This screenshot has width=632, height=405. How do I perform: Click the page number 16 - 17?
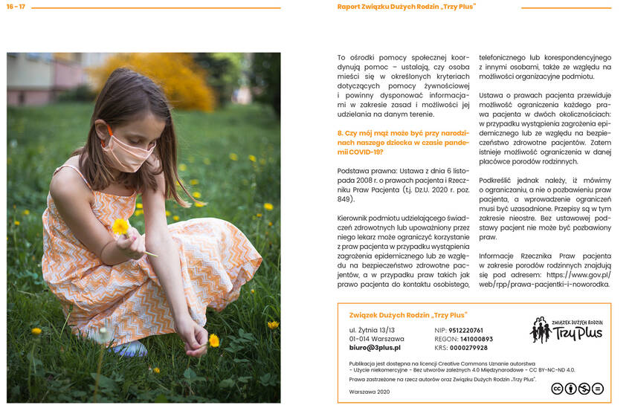16,7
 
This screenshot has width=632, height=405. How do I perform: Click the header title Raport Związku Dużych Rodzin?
406,7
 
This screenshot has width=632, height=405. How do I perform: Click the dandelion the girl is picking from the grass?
213,340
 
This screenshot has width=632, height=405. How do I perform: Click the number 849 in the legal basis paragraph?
346,199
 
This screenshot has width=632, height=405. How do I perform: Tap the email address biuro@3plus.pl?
375,347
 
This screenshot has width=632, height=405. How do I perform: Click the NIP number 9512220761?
465,330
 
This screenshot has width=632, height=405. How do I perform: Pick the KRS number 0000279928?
468,348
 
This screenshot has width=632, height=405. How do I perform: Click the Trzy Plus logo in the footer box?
566,329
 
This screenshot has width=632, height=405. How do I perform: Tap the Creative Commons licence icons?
576,388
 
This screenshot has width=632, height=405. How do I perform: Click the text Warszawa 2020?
370,392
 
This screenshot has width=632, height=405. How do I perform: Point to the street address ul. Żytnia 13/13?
372,330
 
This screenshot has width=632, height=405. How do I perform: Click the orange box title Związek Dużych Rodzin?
402,314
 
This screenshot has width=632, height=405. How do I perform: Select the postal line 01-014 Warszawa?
376,339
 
